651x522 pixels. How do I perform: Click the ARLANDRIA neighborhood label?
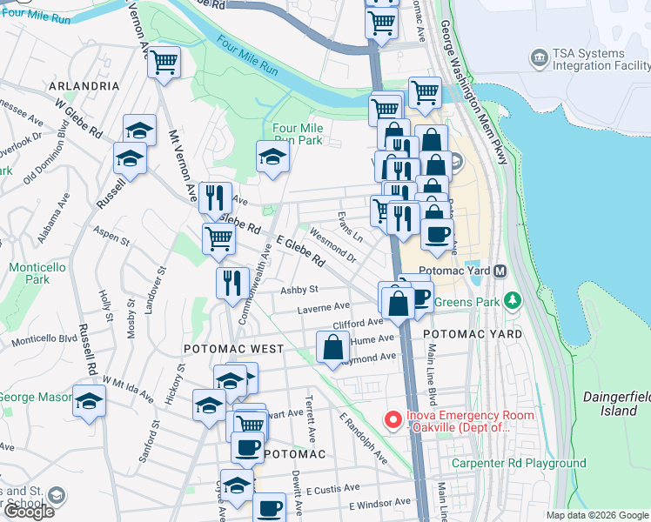click(x=84, y=86)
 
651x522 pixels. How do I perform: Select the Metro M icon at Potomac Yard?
click(x=500, y=271)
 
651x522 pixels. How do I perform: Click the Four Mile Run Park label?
click(x=298, y=134)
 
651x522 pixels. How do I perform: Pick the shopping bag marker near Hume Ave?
click(x=334, y=348)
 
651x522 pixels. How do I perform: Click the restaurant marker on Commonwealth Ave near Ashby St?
click(x=232, y=282)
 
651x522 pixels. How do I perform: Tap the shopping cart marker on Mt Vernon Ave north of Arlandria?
click(x=164, y=63)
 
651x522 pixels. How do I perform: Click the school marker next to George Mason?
click(x=89, y=402)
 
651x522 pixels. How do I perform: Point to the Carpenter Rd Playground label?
click(x=519, y=463)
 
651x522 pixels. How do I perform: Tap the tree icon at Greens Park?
click(x=513, y=301)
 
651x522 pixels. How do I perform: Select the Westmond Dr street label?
click(x=333, y=246)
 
